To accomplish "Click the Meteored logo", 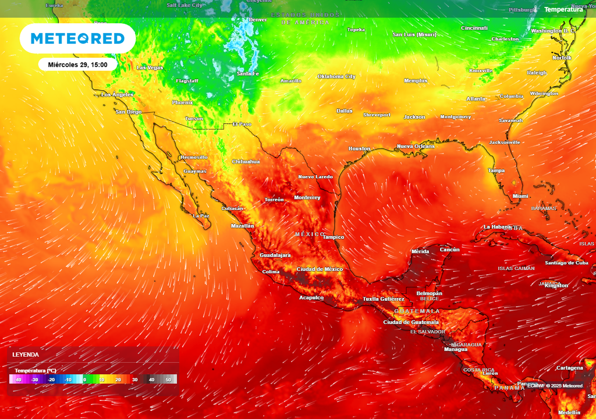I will pos(77,39).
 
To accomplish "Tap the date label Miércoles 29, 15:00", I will pos(77,65).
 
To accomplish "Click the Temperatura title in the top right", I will pos(563,9).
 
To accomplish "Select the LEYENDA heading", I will pos(26,354).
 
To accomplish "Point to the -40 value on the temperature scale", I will pos(18,379).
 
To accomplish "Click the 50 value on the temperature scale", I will pos(169,379).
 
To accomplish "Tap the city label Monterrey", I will pos(307,198).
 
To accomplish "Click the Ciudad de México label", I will pos(320,269).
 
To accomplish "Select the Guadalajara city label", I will pos(275,255).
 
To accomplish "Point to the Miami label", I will pos(520,196).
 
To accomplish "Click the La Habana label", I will pos(496,226).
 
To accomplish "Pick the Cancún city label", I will pos(449,250).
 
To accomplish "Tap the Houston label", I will pos(359,148).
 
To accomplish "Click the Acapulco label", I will pos(311,297).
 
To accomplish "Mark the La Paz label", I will pos(201,216).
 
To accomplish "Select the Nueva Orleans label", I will pos(416,146).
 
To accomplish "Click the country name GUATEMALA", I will pos(417,311).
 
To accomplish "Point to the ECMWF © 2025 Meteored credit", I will pos(555,386).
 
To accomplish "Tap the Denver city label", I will pos(258,20).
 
